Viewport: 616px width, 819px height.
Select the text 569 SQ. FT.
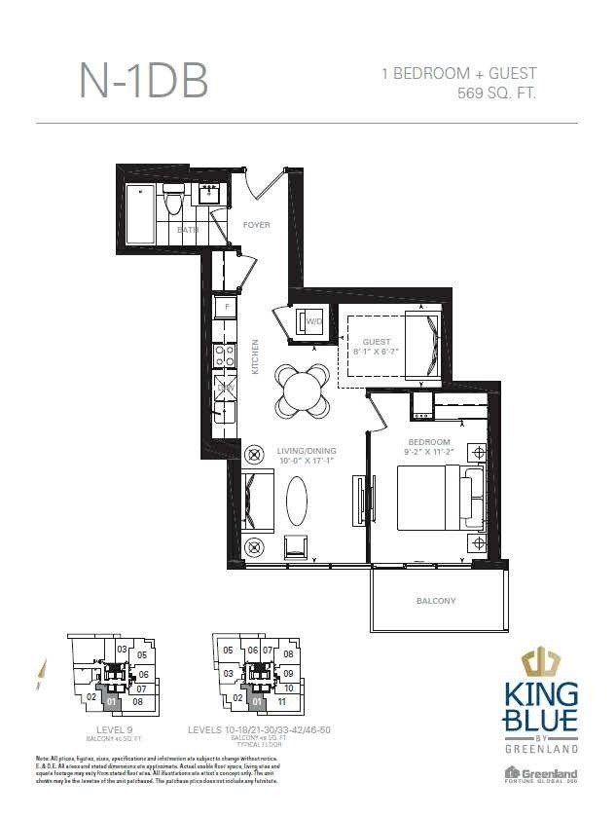coord(496,93)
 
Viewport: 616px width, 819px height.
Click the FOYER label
coord(256,225)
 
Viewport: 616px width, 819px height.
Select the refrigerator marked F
coord(227,307)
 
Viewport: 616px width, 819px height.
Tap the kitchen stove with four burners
coord(224,354)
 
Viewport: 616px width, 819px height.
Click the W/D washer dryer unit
coord(313,321)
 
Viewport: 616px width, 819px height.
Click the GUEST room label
coord(376,343)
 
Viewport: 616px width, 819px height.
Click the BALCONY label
coord(435,601)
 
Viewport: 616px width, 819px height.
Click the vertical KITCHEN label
coord(255,357)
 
